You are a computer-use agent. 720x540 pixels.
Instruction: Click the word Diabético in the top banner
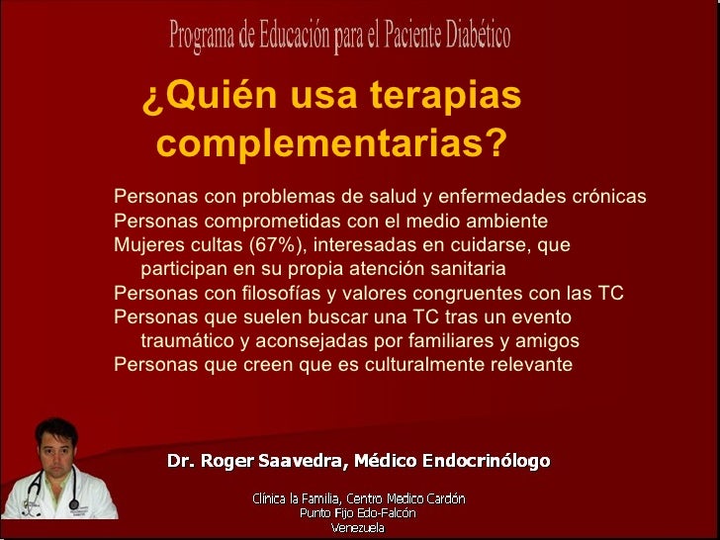[474, 38]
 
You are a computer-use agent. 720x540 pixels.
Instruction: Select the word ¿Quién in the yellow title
[200, 97]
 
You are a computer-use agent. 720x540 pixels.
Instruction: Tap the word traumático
[187, 341]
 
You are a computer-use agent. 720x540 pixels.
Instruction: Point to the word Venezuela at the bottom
[359, 527]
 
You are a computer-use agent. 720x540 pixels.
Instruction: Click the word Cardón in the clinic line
[442, 498]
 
